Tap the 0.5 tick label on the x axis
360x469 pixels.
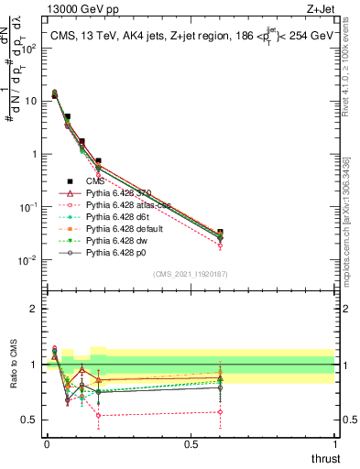(x=191, y=443)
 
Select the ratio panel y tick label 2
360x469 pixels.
(x=33, y=309)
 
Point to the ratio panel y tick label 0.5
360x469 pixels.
(x=29, y=420)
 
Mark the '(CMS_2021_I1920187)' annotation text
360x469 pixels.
(x=191, y=274)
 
